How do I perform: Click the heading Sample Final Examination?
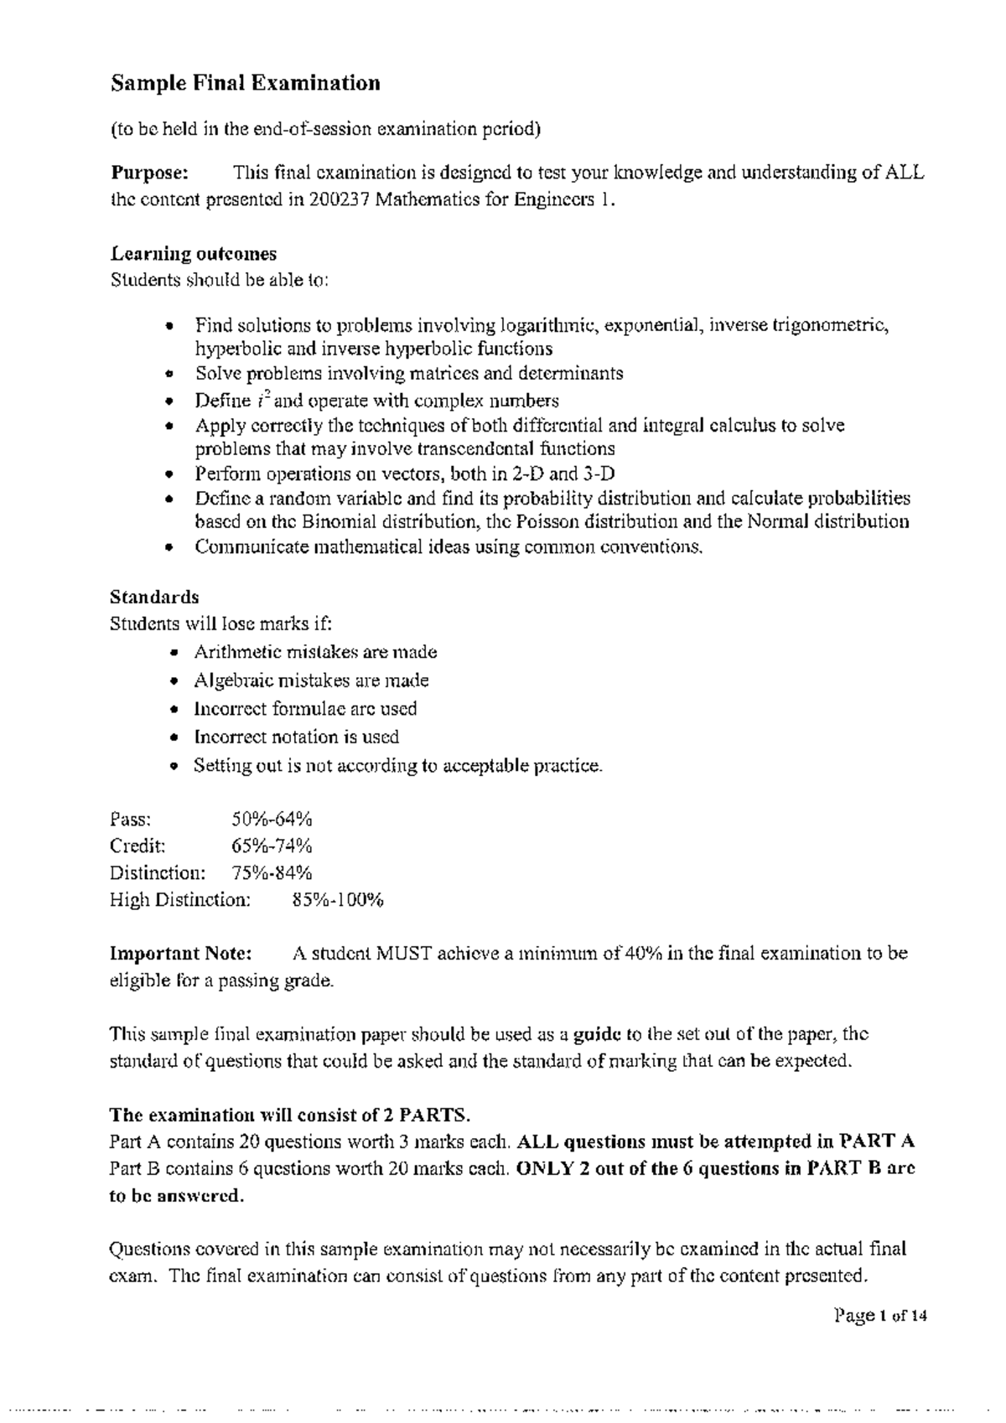click(x=246, y=83)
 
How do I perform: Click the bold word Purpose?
click(x=150, y=173)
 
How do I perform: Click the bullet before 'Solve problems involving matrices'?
click(x=169, y=374)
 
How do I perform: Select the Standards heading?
click(x=154, y=597)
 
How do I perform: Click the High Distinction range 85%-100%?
click(x=338, y=900)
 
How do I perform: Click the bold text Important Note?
click(x=180, y=953)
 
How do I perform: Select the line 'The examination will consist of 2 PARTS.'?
click(x=290, y=1115)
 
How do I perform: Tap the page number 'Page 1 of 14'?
click(x=880, y=1316)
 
